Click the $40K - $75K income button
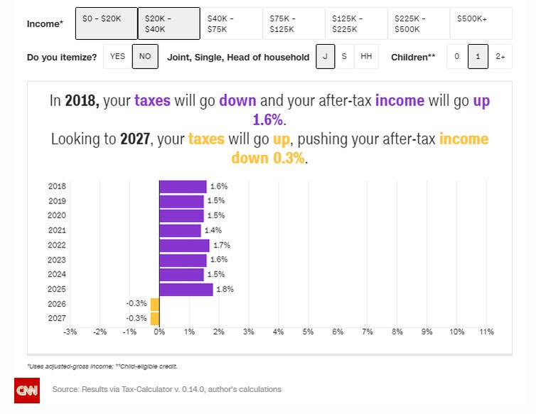pyautogui.click(x=230, y=23)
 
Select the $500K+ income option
pyautogui.click(x=481, y=23)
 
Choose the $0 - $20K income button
pyautogui.click(x=105, y=23)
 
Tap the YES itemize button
pyautogui.click(x=117, y=57)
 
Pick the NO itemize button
pyautogui.click(x=145, y=57)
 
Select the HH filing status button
pyautogui.click(x=366, y=57)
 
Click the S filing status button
pyautogui.click(x=344, y=57)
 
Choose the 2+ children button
pyautogui.click(x=500, y=57)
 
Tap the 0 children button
pyautogui.click(x=457, y=57)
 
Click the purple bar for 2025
pyautogui.click(x=186, y=290)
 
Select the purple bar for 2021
pyautogui.click(x=180, y=230)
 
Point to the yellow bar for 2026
pyautogui.click(x=155, y=304)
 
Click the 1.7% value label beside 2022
pyautogui.click(x=221, y=245)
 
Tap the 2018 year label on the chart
pyautogui.click(x=57, y=186)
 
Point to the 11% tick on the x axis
pyautogui.click(x=487, y=331)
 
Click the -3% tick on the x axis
pyautogui.click(x=70, y=331)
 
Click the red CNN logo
pyautogui.click(x=27, y=390)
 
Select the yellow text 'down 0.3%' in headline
pyautogui.click(x=268, y=158)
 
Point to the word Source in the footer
pyautogui.click(x=65, y=389)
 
